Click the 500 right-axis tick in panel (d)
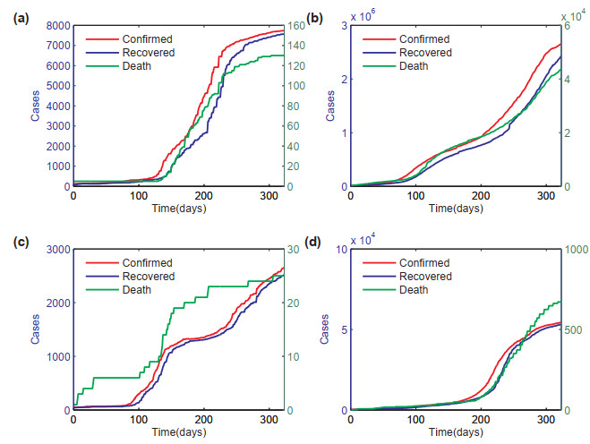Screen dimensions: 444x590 574,329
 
